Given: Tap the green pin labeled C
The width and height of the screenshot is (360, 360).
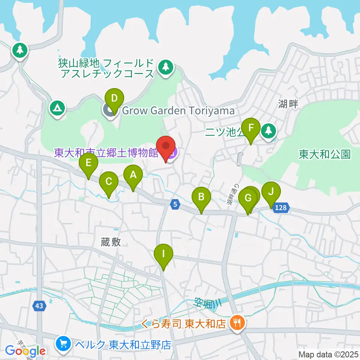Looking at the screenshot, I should tap(109, 182).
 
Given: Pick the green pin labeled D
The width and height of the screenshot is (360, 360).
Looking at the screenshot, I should tap(114, 99).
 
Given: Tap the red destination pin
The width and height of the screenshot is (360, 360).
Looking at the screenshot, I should tap(166, 147).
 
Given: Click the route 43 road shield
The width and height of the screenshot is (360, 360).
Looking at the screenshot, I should tap(39, 306).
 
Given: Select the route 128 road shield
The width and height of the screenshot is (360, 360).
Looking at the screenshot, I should tap(281, 208).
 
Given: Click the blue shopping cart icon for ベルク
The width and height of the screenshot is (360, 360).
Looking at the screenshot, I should tap(62, 343).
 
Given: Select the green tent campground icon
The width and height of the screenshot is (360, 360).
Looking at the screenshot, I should tap(57, 109).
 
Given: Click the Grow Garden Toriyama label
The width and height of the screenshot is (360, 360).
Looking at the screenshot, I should tap(178, 111).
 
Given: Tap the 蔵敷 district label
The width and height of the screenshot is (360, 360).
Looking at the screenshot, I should tap(111, 242).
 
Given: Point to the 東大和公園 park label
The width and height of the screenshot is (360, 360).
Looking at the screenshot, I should tap(325, 154).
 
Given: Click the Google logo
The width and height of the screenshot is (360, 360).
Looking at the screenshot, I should tap(25, 351).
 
